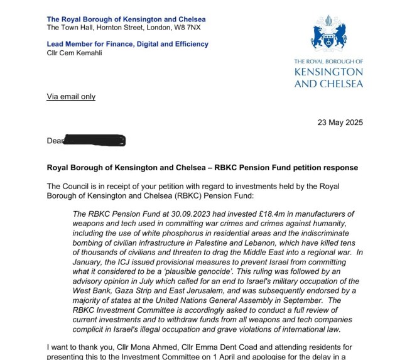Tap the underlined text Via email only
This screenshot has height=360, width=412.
click(x=71, y=97)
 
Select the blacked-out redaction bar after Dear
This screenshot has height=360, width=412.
click(x=95, y=140)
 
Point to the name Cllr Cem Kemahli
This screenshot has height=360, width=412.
click(x=74, y=53)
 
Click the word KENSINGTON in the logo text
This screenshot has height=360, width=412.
click(x=328, y=72)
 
